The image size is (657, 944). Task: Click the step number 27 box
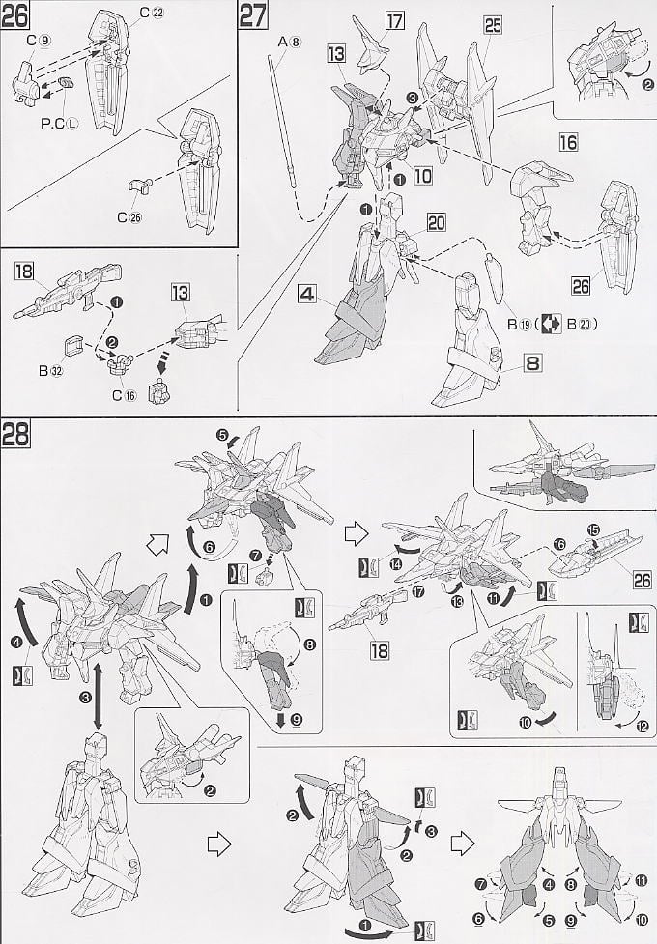(255, 16)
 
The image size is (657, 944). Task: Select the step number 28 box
(16, 434)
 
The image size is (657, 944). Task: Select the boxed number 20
(436, 222)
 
